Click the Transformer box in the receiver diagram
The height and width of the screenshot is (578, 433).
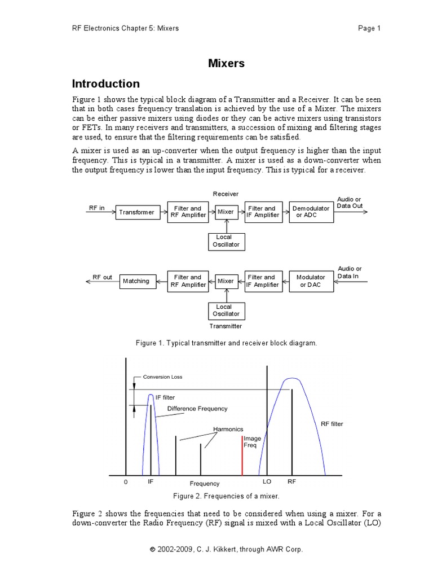136,212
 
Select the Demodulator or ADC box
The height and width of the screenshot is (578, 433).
311,212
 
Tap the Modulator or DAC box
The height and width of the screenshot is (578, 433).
311,281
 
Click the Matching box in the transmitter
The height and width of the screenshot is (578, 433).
136,281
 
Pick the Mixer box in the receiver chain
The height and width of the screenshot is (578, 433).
226,212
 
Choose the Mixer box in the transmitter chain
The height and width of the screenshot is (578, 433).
226,281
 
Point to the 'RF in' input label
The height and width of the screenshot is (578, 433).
97,208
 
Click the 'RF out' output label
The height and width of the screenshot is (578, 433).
103,277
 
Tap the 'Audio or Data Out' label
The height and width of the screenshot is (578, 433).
350,203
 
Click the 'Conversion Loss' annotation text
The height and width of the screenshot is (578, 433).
162,376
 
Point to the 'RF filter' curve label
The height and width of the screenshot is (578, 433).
332,424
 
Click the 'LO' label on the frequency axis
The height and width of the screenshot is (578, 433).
267,483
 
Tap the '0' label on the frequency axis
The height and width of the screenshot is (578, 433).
126,483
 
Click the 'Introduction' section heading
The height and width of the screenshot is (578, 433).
106,84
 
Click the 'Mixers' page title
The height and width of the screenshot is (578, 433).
227,64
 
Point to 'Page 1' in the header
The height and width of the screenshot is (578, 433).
369,28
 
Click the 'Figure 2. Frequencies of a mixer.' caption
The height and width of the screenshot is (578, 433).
226,496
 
